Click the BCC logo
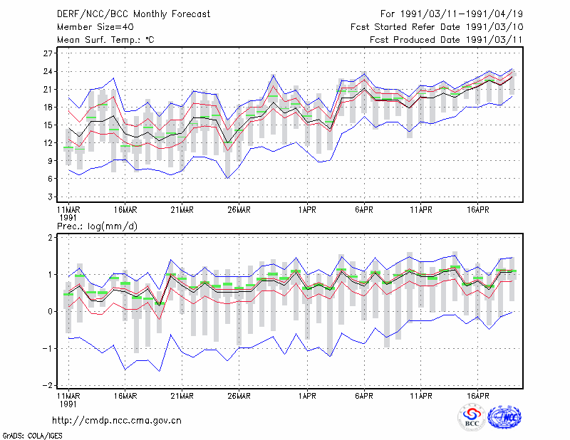point(472,417)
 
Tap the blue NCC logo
point(504,417)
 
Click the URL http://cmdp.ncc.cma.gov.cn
point(117,421)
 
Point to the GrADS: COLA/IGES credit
point(32,436)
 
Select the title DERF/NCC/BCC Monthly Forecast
point(133,14)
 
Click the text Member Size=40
point(95,27)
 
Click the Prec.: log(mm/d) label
point(97,226)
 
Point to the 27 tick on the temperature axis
point(48,53)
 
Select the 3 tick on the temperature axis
point(50,197)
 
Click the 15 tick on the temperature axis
point(48,125)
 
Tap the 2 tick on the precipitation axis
point(50,237)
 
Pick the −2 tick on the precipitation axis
point(47,385)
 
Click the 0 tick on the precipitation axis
point(50,311)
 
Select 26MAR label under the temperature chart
point(239,210)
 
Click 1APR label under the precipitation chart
point(307,396)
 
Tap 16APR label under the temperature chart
point(477,210)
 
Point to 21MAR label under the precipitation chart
point(182,396)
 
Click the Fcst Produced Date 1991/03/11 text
point(447,40)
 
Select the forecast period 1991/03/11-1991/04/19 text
point(462,14)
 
